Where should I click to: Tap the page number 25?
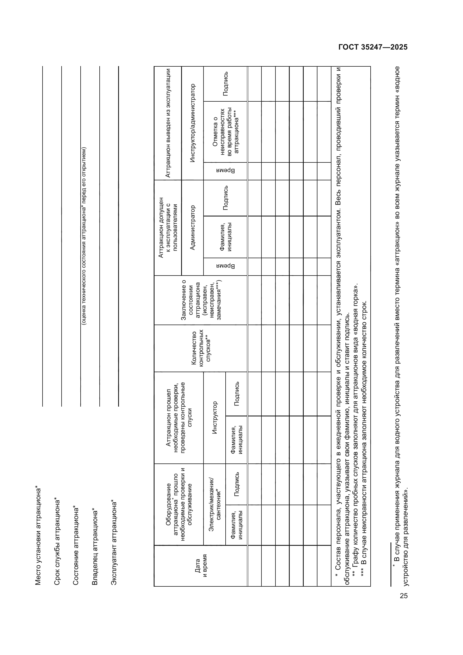[404, 596]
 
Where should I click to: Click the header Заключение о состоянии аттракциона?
[201, 300]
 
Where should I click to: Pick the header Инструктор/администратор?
[192, 123]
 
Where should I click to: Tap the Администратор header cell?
[192, 227]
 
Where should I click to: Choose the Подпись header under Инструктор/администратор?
[225, 83]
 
